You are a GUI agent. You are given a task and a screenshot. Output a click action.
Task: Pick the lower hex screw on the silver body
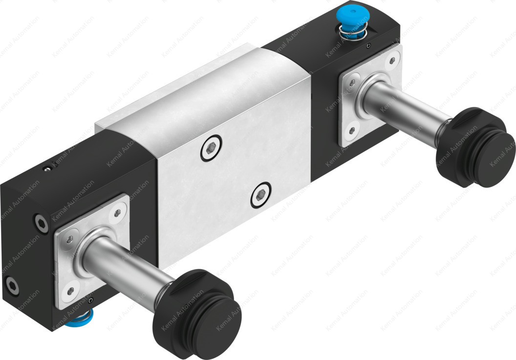click(259, 197)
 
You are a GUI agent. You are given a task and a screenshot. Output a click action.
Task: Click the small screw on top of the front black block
click(47, 169)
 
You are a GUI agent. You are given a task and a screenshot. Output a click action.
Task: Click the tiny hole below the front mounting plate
click(91, 298)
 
